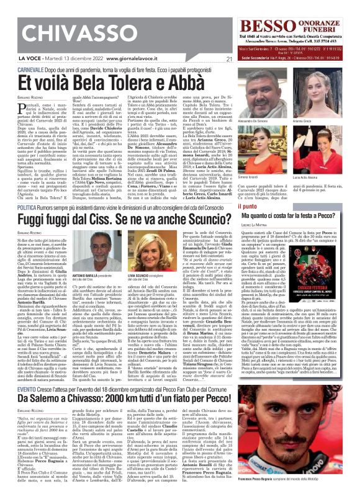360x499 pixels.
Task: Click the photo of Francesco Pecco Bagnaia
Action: (x=317, y=429)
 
